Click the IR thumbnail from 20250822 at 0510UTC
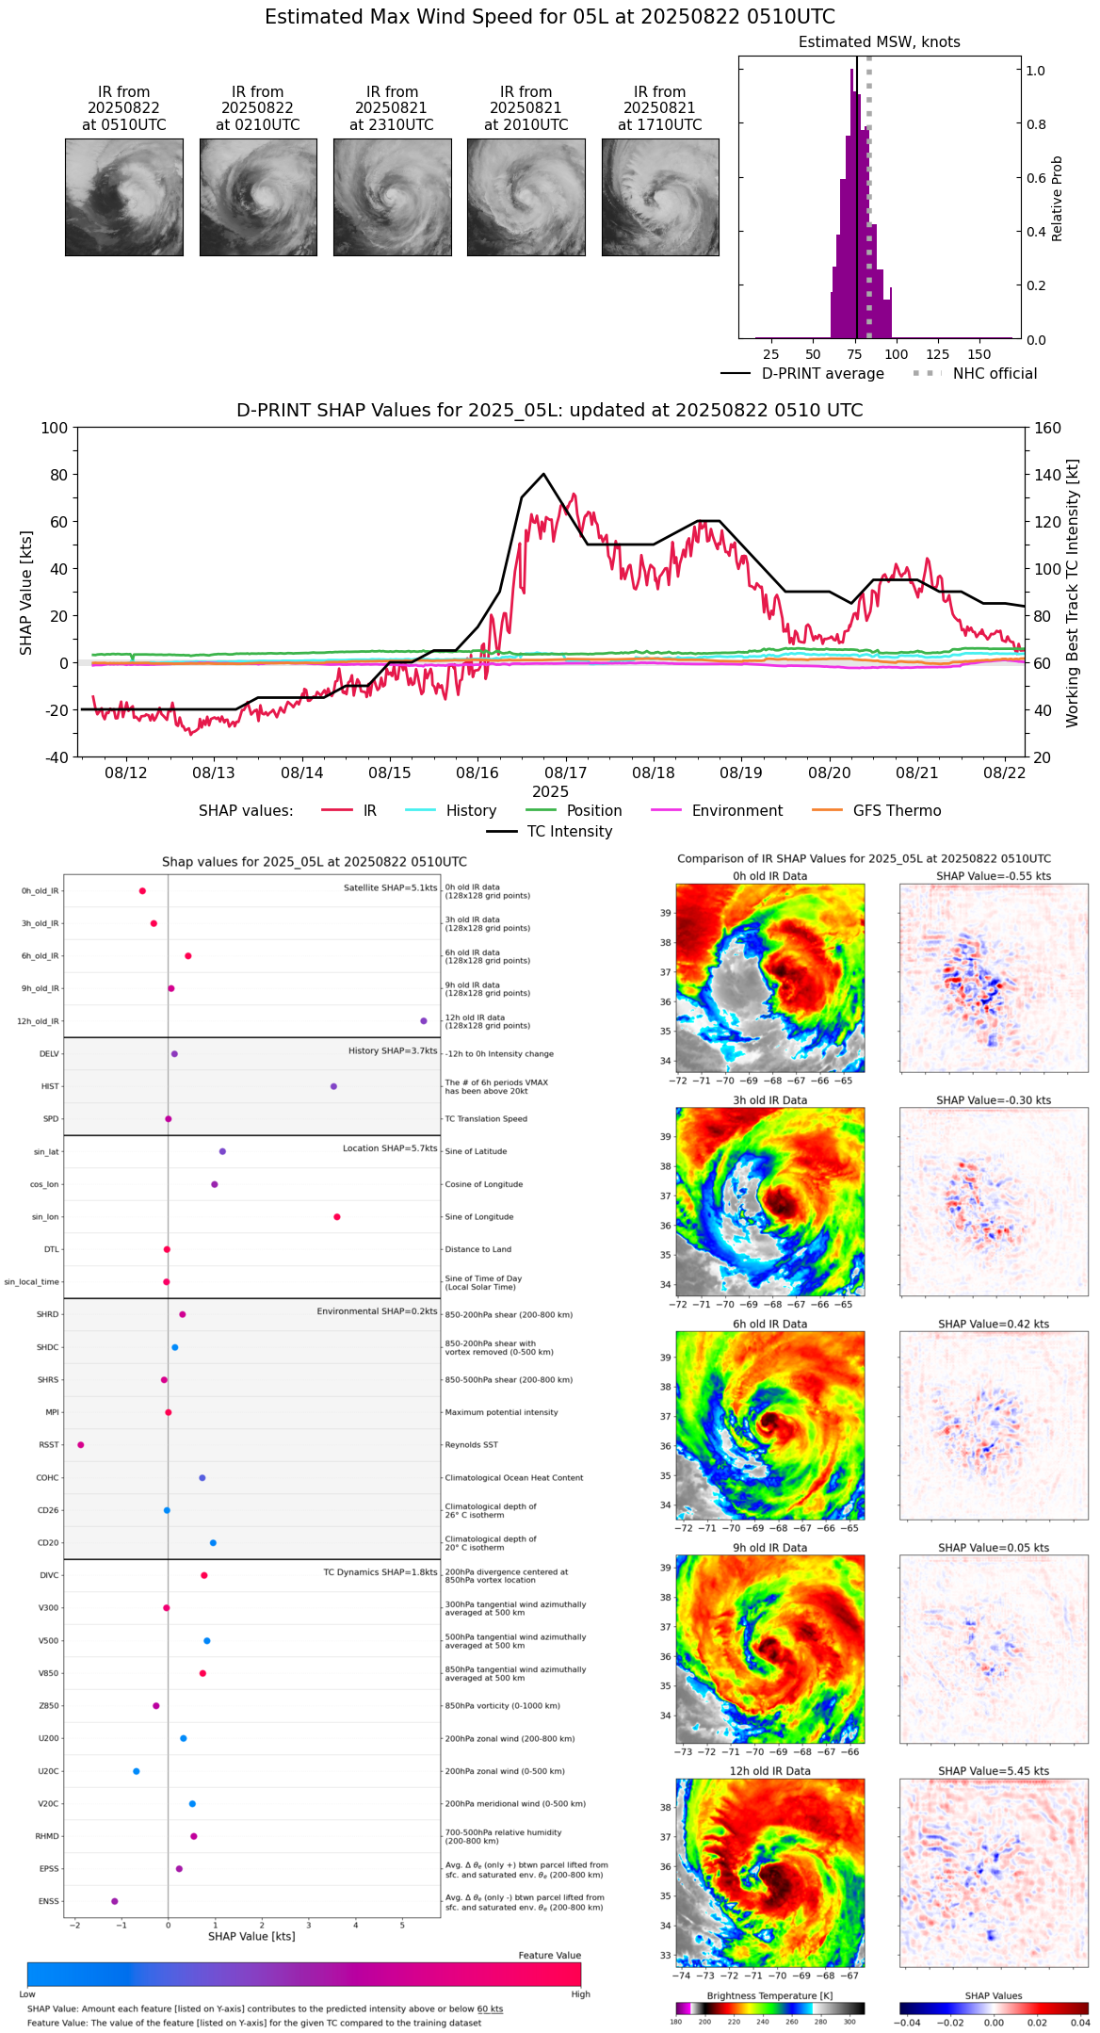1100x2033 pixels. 124,197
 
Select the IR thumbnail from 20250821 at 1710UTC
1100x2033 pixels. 660,197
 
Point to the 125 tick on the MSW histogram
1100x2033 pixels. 938,354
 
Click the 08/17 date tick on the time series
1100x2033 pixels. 566,773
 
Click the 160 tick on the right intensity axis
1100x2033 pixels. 1047,429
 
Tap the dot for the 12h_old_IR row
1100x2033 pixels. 424,1021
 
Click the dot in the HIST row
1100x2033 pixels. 333,1086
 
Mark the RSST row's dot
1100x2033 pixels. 81,1445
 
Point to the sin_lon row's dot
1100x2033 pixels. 337,1217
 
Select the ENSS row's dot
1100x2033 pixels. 115,1901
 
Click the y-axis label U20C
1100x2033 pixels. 48,1771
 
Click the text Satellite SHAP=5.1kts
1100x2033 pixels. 390,888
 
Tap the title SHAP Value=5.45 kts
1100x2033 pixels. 994,1771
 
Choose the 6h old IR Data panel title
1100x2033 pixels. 769,1324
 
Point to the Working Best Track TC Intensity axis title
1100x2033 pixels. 1073,594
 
